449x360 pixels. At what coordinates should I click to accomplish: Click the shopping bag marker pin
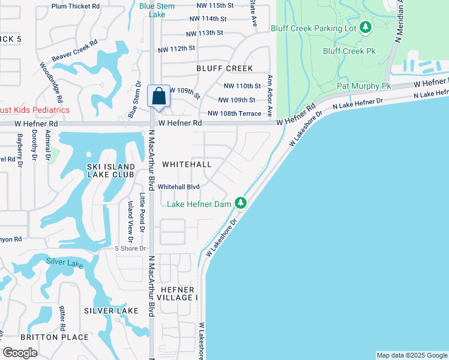(158, 97)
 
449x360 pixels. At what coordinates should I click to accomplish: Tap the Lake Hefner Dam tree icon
(240, 203)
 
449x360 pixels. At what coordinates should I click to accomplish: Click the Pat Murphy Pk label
(363, 86)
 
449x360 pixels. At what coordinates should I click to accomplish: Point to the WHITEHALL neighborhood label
(187, 164)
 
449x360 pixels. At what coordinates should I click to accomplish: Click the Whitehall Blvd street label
(178, 187)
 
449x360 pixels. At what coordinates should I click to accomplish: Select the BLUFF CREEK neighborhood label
(224, 68)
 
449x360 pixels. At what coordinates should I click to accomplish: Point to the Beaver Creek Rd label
(74, 51)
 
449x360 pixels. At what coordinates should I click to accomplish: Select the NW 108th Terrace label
(234, 113)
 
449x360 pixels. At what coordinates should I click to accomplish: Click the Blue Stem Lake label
(157, 10)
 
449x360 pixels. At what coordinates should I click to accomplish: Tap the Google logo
(20, 353)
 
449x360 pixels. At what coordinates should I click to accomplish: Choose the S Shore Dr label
(130, 248)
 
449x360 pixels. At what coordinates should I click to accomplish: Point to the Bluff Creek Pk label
(349, 51)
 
